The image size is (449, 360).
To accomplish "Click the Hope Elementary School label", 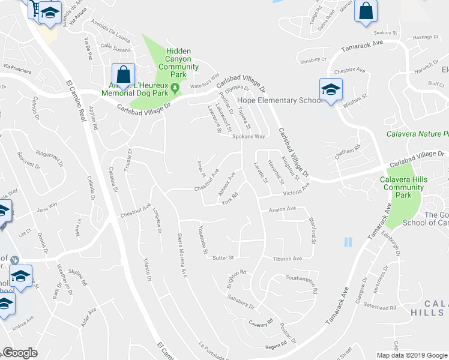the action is click(x=280, y=100).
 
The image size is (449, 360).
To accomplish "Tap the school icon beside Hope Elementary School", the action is click(x=330, y=90).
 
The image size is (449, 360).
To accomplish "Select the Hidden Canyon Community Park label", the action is click(x=178, y=59).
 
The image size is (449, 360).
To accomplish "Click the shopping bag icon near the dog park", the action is click(x=123, y=76).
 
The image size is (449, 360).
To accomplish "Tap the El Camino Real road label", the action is click(x=75, y=96).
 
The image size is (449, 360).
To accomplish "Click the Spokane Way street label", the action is click(x=249, y=137).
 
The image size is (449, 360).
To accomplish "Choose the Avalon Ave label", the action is click(x=283, y=209).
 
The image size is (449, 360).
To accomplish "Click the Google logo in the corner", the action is click(x=20, y=353).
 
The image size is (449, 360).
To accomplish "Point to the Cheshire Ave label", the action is click(x=350, y=70).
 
